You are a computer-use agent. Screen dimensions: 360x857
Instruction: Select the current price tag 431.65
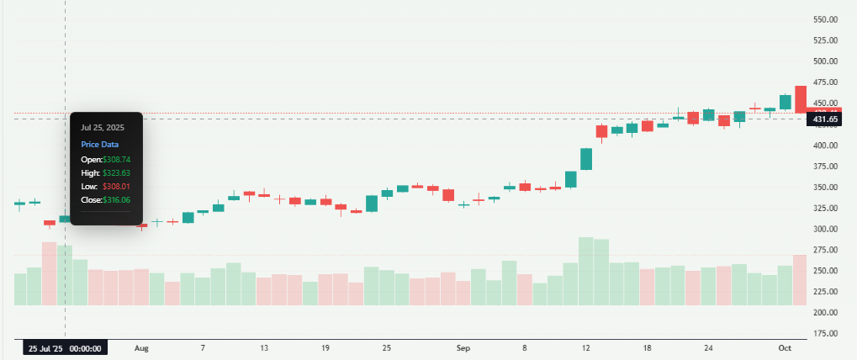pyautogui.click(x=823, y=120)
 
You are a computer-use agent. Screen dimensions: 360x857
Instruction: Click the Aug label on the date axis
pyautogui.click(x=141, y=347)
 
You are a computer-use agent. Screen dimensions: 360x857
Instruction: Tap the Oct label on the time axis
pyautogui.click(x=785, y=347)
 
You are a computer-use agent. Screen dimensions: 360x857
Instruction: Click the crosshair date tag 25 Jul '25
pyautogui.click(x=65, y=348)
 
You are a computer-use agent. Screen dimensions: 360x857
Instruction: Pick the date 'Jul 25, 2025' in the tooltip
pyautogui.click(x=102, y=127)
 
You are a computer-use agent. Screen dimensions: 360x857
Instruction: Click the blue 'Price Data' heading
pyautogui.click(x=99, y=145)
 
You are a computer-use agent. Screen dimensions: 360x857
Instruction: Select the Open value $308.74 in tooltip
pyautogui.click(x=116, y=159)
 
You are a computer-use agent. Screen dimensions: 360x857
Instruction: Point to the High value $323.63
pyautogui.click(x=117, y=172)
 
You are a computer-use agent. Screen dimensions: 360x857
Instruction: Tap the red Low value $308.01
pyautogui.click(x=116, y=186)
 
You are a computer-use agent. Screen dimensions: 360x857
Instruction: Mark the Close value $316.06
pyautogui.click(x=117, y=199)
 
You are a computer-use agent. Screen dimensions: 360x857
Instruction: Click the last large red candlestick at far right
pyautogui.click(x=801, y=98)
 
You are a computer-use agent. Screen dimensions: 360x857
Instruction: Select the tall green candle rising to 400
pyautogui.click(x=586, y=159)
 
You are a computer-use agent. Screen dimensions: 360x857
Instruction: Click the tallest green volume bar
pyautogui.click(x=586, y=271)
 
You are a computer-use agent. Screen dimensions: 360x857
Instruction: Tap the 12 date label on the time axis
pyautogui.click(x=585, y=347)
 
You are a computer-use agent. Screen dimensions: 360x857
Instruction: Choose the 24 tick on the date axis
pyautogui.click(x=708, y=347)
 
